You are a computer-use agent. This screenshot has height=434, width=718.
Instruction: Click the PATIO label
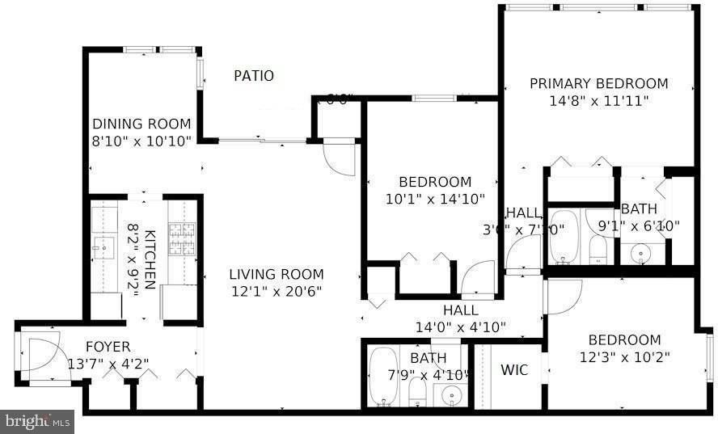point(253,76)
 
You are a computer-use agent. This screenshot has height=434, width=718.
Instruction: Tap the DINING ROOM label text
point(141,124)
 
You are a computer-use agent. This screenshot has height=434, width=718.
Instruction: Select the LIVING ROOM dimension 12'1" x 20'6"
point(276,291)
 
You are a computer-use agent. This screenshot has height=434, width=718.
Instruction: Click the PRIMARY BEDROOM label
point(598,83)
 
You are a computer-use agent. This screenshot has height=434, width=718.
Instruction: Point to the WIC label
point(514,370)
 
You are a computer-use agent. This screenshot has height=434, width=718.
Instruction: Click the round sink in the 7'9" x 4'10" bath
point(450,396)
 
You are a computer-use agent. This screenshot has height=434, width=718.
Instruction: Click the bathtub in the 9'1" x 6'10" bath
point(564,236)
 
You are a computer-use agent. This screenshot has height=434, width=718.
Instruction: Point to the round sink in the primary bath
point(642,254)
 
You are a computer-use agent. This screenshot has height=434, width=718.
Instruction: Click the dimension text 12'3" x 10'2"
point(624,356)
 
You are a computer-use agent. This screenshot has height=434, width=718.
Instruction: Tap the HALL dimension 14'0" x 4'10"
point(460,327)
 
